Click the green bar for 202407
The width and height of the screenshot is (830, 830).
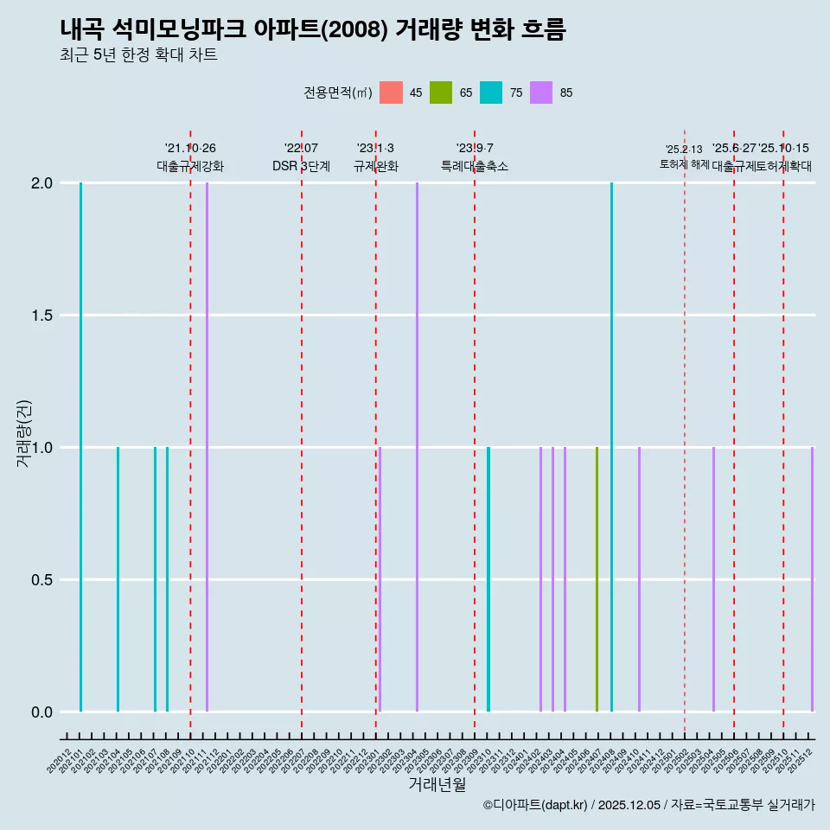tap(597, 579)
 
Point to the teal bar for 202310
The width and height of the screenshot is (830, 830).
tap(488, 579)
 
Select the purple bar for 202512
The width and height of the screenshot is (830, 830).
tap(812, 579)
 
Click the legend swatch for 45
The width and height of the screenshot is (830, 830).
tap(391, 93)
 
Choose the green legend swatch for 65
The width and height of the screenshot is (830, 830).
tap(441, 93)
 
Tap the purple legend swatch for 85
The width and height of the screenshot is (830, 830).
tap(541, 93)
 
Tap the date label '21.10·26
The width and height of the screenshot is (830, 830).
tap(190, 149)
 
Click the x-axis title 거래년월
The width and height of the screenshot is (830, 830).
tap(437, 785)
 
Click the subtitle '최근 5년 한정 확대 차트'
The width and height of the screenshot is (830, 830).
tap(138, 55)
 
